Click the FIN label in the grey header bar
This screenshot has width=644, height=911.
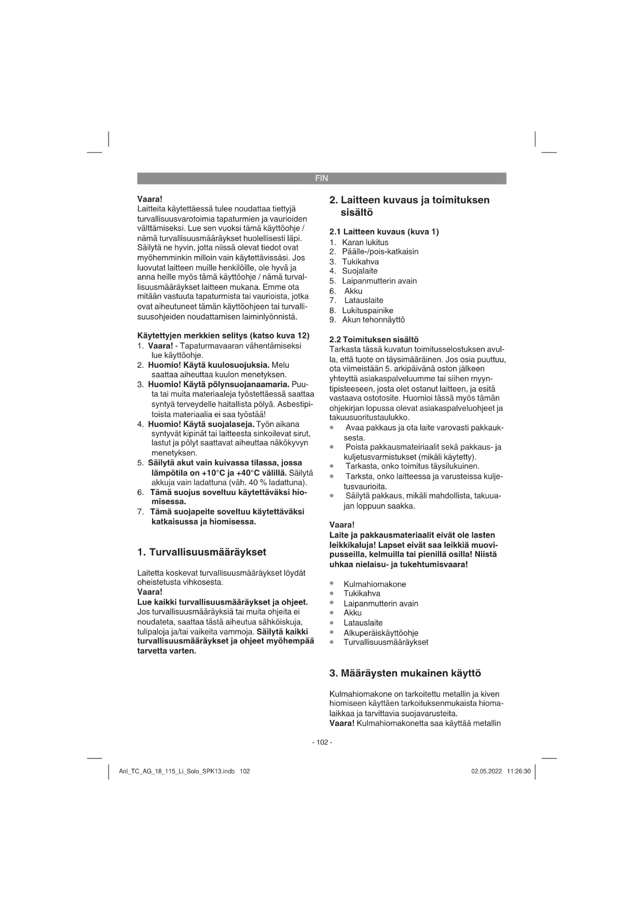coord(322,178)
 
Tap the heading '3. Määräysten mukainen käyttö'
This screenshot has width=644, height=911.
coord(405,673)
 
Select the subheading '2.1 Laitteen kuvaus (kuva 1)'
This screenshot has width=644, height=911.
coord(384,232)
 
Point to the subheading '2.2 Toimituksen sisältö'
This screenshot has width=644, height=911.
coord(374,339)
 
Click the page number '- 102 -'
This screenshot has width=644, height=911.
coord(322,742)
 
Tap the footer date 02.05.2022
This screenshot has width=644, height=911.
coord(487,771)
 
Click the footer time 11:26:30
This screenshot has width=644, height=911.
coord(519,771)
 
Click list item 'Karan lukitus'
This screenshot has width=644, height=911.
coord(365,243)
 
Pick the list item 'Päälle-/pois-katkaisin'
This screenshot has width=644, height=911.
coord(380,252)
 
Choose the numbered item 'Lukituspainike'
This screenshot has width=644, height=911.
coord(367,311)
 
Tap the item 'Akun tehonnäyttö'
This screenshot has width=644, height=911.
coord(373,320)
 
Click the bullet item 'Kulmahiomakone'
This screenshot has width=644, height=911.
coord(375,584)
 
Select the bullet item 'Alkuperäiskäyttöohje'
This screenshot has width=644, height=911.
coord(381,633)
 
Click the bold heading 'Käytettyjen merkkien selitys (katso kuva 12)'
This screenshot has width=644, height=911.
coord(223,336)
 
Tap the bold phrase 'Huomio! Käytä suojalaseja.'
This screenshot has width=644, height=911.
coord(201,424)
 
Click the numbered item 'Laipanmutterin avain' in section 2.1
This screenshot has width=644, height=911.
coord(379,281)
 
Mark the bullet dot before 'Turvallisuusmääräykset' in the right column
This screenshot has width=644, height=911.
coord(332,642)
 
